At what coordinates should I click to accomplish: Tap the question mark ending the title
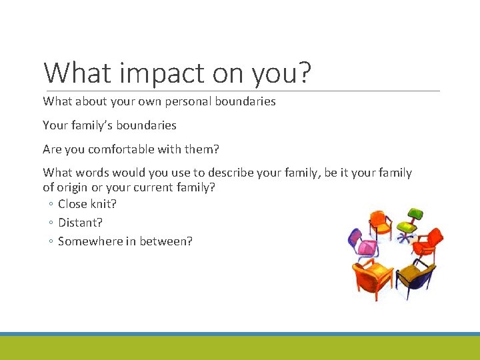(x=304, y=72)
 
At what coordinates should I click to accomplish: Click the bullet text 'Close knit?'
(x=87, y=204)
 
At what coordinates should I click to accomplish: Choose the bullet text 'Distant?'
(x=80, y=223)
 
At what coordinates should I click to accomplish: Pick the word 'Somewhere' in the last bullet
(x=87, y=241)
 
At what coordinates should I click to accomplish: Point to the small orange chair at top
(x=381, y=221)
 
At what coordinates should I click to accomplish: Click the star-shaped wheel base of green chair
(x=407, y=235)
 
